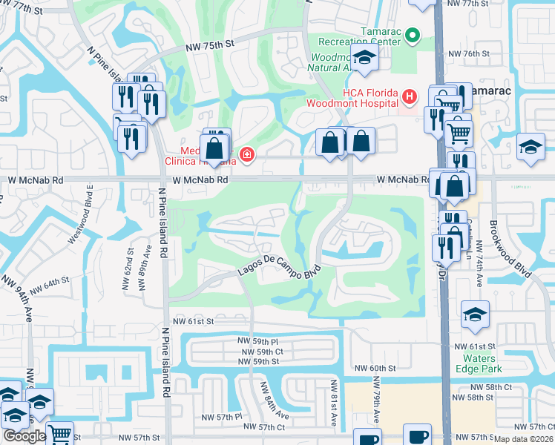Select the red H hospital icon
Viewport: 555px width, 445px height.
click(x=408, y=96)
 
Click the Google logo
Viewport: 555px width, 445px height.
click(x=24, y=436)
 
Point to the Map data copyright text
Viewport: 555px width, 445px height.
click(x=524, y=439)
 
